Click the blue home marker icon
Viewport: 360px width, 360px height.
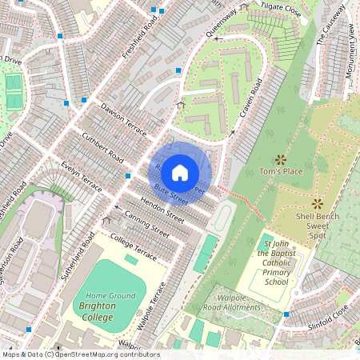[180, 172]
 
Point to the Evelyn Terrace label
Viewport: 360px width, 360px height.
[82, 177]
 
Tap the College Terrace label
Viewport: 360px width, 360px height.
[134, 247]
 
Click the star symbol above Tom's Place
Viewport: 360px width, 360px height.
[280, 159]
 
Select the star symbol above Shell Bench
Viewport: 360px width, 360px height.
[317, 203]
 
